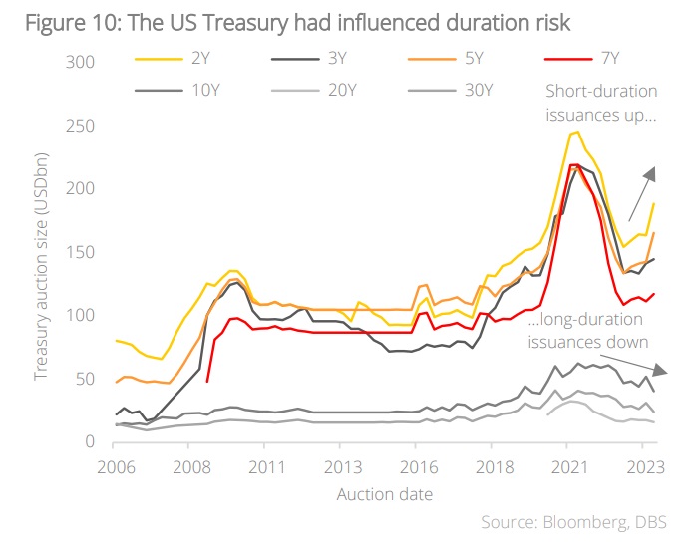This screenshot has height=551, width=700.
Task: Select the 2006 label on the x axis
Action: [117, 466]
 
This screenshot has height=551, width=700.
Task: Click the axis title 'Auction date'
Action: [384, 494]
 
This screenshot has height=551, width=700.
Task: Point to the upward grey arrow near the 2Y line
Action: [641, 194]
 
